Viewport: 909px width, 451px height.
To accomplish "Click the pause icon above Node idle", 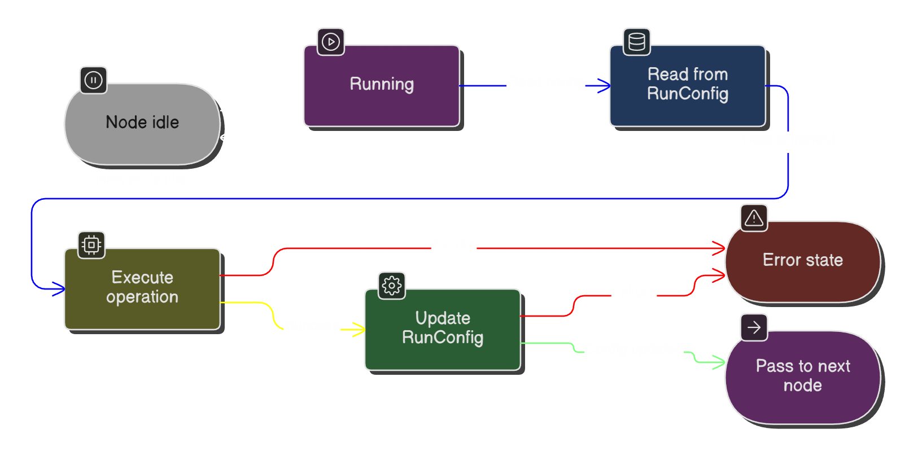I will pyautogui.click(x=93, y=80).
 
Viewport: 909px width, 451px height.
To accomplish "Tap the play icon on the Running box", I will pyautogui.click(x=331, y=42).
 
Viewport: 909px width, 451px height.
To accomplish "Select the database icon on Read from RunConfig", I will pyautogui.click(x=637, y=42).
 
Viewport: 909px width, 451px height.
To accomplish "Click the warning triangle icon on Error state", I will pyautogui.click(x=754, y=218).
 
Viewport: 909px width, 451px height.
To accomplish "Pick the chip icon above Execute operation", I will pyautogui.click(x=91, y=245).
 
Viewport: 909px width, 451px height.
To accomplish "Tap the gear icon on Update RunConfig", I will pyautogui.click(x=392, y=286).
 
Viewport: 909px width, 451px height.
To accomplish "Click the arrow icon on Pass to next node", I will pyautogui.click(x=754, y=327).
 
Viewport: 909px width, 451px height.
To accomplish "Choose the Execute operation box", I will pyautogui.click(x=142, y=288).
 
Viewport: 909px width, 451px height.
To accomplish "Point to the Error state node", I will pyautogui.click(x=802, y=261).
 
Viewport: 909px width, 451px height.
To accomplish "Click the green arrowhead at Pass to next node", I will pyautogui.click(x=720, y=362).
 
